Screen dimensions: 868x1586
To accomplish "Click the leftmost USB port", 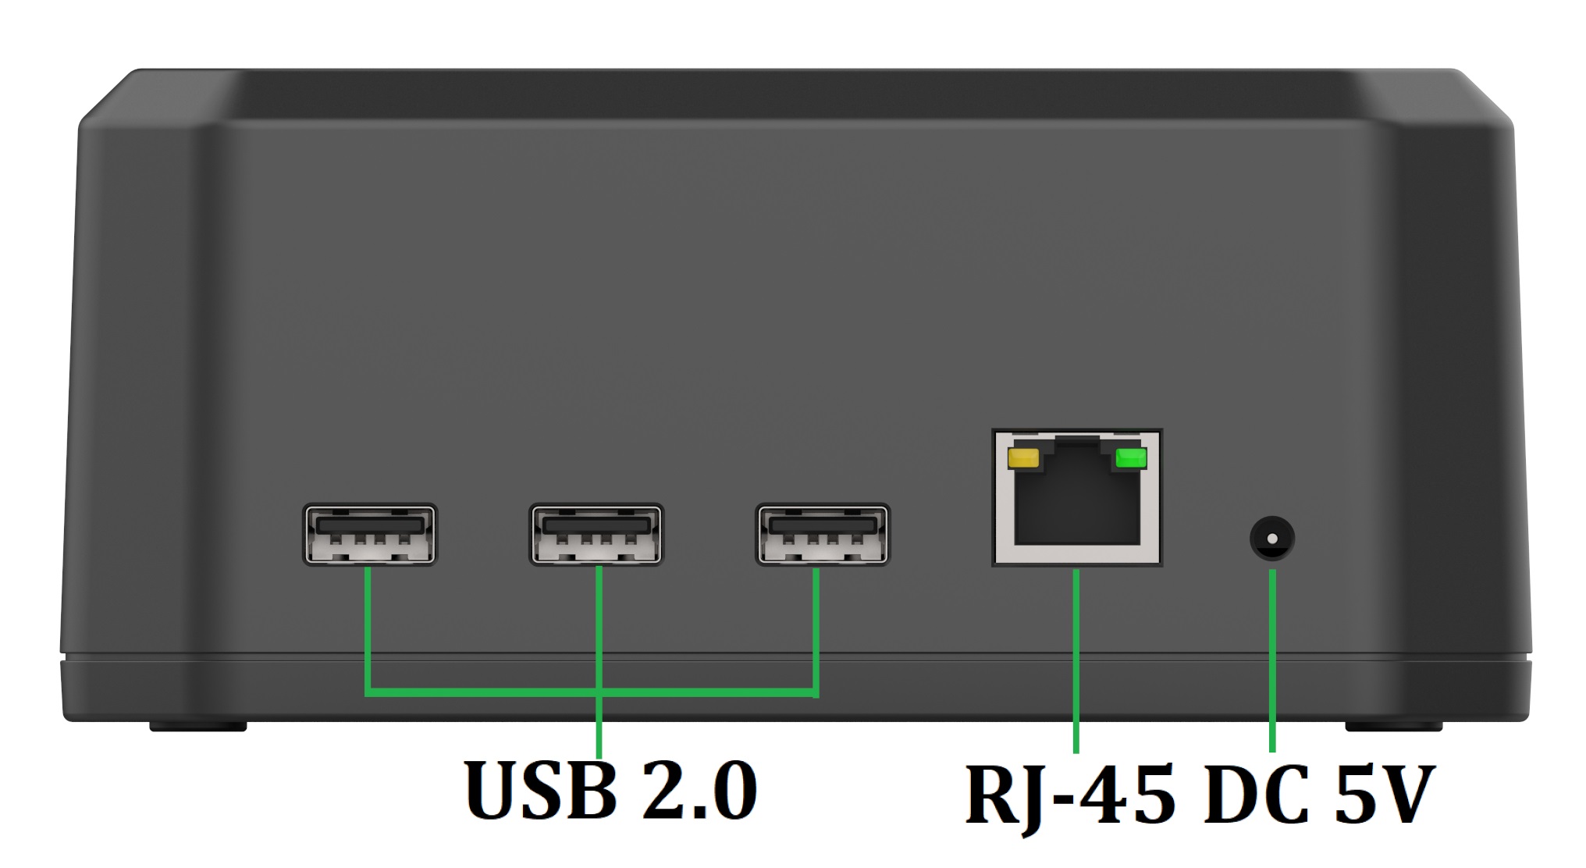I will (x=369, y=535).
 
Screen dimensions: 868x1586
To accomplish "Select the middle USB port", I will (x=596, y=535).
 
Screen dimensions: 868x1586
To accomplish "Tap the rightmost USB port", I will (x=823, y=535).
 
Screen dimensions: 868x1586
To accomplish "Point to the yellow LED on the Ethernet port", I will (x=1023, y=458).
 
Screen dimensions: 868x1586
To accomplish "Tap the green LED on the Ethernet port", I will (x=1131, y=458).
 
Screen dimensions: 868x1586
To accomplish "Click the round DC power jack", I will (x=1272, y=539).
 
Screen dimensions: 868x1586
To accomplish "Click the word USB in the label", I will (x=541, y=790).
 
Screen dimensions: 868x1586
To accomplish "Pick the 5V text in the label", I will (x=1383, y=796).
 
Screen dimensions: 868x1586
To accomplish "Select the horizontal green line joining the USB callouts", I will (x=484, y=692).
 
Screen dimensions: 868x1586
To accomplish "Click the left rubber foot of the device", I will (x=198, y=727).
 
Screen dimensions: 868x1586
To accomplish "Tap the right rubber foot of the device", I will (x=1393, y=727).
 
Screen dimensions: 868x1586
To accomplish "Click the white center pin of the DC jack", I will (x=1272, y=539).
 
